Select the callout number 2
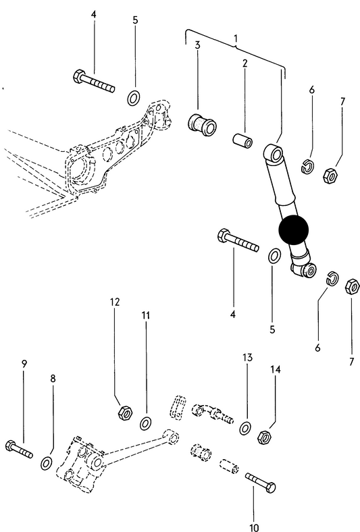pyautogui.click(x=245, y=63)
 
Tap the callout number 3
pyautogui.click(x=198, y=45)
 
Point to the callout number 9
pyautogui.click(x=24, y=364)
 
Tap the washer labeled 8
pyautogui.click(x=47, y=462)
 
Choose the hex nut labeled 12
pyautogui.click(x=124, y=410)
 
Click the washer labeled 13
pyautogui.click(x=245, y=427)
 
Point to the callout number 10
pyautogui.click(x=255, y=527)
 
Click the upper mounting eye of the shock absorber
pyautogui.click(x=275, y=153)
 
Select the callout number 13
pyautogui.click(x=247, y=357)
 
